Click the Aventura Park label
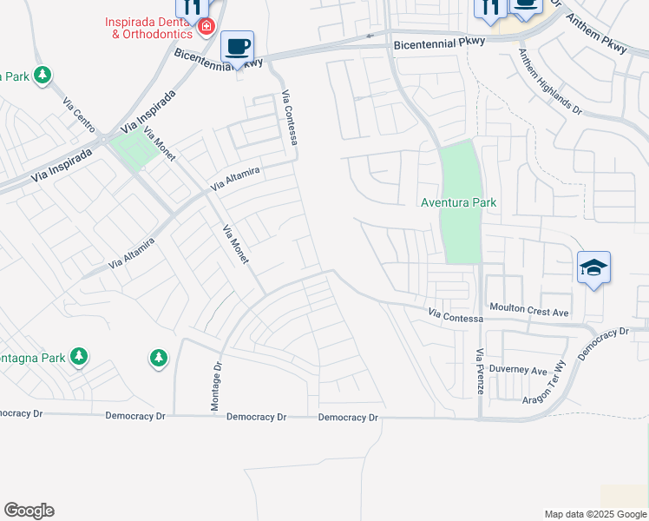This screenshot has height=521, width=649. [458, 202]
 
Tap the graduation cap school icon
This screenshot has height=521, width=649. [594, 267]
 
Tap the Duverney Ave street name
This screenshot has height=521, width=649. [518, 369]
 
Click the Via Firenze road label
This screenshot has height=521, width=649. [480, 372]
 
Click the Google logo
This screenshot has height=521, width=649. [29, 511]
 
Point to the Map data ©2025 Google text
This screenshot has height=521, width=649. [594, 514]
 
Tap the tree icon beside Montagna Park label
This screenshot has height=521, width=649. [79, 356]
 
